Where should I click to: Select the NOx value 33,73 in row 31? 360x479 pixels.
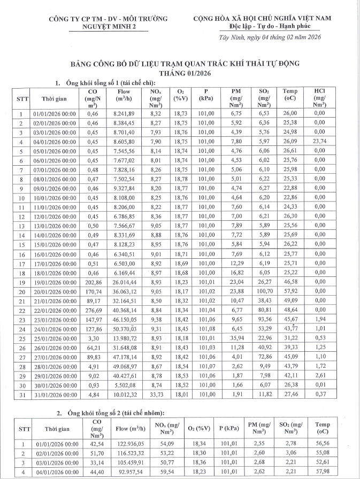click(156, 395)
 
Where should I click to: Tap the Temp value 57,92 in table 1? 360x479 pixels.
click(290, 291)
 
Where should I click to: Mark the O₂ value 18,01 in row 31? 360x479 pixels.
click(181, 395)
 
